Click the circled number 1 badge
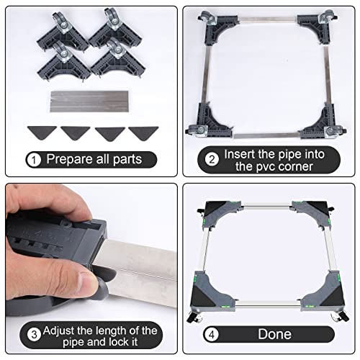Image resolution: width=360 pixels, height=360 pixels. pyautogui.click(x=34, y=160)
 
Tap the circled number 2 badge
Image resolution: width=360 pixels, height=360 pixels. pyautogui.click(x=212, y=159)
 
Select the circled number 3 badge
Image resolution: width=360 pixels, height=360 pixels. pyautogui.click(x=34, y=334)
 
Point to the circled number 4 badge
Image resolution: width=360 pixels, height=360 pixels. pyautogui.click(x=212, y=334)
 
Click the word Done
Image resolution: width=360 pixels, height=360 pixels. pyautogui.click(x=275, y=334)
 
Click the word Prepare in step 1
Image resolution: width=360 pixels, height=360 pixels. pyautogui.click(x=69, y=159)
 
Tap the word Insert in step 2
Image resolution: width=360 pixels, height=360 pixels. pyautogui.click(x=240, y=154)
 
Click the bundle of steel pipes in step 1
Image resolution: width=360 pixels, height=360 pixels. pyautogui.click(x=89, y=102)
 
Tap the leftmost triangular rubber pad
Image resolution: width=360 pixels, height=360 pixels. pyautogui.click(x=42, y=132)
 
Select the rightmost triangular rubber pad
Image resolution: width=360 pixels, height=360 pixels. pyautogui.click(x=143, y=133)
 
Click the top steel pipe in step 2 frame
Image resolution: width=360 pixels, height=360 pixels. pyautogui.click(x=267, y=19)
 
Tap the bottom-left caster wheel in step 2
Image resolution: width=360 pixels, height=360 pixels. pyautogui.click(x=194, y=130)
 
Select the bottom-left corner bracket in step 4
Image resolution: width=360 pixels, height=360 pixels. pyautogui.click(x=211, y=292)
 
